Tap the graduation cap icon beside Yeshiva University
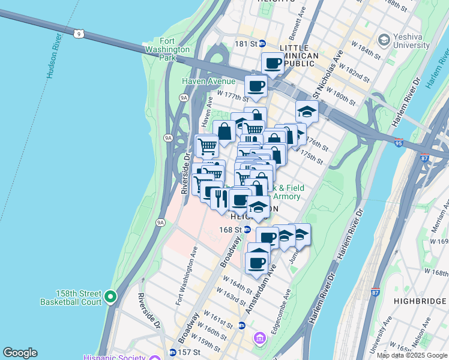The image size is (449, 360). tap(384, 40)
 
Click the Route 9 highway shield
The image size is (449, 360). tap(79, 33)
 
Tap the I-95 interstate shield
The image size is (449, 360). tap(399, 142)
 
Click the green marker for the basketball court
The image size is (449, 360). tap(110, 296)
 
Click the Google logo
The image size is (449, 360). tap(20, 353)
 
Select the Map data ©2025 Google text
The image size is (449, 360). tap(411, 355)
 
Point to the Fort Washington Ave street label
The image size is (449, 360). tap(186, 277)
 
